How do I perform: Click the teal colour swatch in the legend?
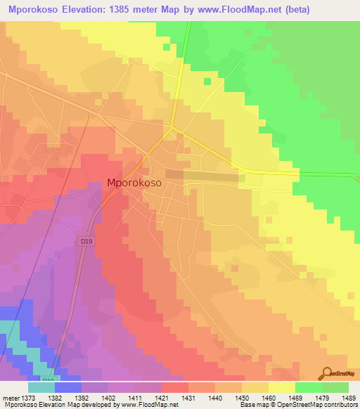tap(41, 387)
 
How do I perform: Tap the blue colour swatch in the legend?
tap(68, 387)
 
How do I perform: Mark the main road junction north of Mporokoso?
tap(173, 128)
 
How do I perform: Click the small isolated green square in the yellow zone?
tap(207, 81)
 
